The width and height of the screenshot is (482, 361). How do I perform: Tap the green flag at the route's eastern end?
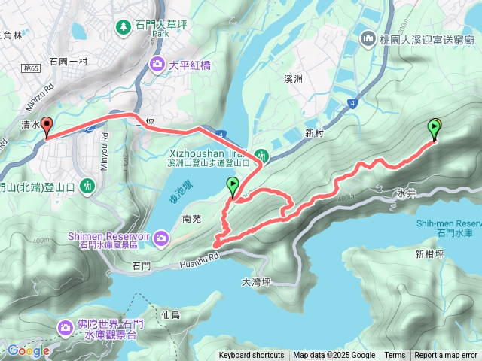435,129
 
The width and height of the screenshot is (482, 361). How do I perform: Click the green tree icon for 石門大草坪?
123,26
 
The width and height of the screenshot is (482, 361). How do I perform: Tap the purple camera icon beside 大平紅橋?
157,65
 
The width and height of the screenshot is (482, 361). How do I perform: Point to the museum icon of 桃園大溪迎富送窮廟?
368,37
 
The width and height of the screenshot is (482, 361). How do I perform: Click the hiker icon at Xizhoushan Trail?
262,156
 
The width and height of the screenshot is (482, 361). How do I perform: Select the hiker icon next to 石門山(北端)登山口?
88,185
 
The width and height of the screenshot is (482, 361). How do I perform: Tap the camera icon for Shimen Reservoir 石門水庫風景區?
161,239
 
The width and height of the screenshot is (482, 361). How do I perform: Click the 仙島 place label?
170,314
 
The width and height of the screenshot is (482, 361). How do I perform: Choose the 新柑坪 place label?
429,254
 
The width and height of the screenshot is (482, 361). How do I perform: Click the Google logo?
28,350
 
